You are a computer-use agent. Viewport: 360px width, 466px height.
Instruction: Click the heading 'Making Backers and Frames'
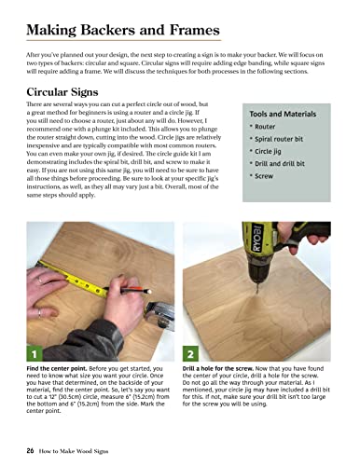coord(123,31)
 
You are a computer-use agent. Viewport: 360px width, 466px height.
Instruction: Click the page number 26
coord(31,449)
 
